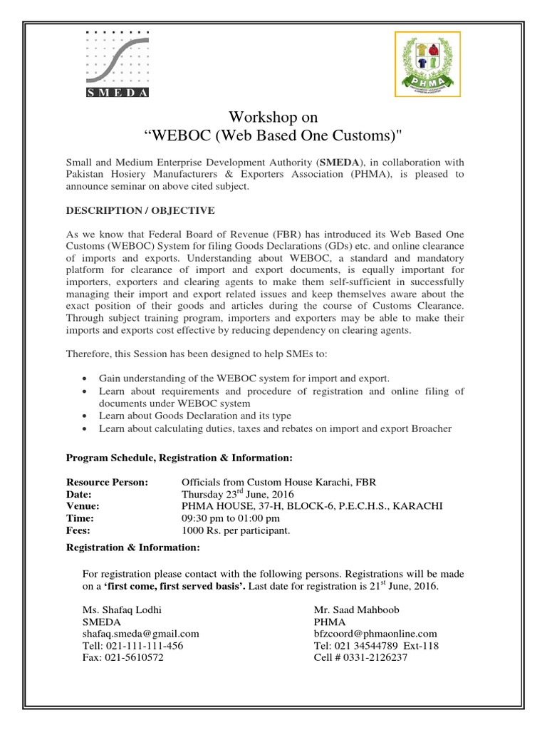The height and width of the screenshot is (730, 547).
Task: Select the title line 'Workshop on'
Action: tap(273, 117)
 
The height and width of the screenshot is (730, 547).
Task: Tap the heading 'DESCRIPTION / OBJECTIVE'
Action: tap(140, 211)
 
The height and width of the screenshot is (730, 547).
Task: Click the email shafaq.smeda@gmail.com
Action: tap(141, 633)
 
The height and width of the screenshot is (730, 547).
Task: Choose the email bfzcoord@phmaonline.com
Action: tap(375, 633)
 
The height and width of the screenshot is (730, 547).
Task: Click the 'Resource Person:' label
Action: tap(107, 482)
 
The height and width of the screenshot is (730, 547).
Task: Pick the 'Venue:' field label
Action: tap(83, 506)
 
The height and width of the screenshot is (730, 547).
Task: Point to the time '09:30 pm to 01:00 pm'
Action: tap(231, 518)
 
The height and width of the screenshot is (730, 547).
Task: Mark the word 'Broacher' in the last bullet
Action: tap(432, 428)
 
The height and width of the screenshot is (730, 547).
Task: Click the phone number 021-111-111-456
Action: tap(133, 645)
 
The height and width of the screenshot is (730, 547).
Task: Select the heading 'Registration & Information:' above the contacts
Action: tap(133, 547)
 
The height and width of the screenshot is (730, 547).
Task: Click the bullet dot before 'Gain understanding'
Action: tap(85, 379)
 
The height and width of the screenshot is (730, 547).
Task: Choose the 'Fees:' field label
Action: tap(79, 530)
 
